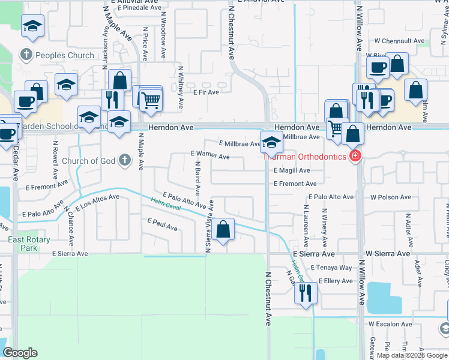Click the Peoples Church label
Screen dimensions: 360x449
point(65,55)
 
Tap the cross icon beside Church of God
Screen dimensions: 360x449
point(124,160)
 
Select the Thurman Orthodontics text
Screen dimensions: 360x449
point(304,157)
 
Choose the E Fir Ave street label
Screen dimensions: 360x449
point(206,92)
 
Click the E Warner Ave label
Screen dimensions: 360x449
point(210,156)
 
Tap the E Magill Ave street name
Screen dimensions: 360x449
point(292,170)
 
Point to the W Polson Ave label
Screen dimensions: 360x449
point(391,197)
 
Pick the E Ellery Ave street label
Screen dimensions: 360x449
point(336,280)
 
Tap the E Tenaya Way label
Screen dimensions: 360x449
point(335,268)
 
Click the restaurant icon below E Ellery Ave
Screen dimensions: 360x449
point(306,293)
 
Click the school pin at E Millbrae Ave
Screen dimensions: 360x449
point(271,143)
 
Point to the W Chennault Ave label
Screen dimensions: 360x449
point(399,41)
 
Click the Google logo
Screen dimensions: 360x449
point(20,353)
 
